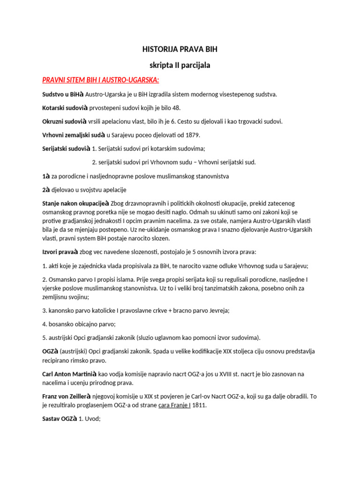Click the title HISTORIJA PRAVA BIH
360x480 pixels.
[180, 49]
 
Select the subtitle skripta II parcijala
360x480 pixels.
[180, 65]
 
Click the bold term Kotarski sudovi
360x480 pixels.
[63, 107]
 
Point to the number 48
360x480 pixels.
[176, 107]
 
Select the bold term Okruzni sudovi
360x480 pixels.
[63, 121]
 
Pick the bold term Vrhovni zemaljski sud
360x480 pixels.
[73, 135]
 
